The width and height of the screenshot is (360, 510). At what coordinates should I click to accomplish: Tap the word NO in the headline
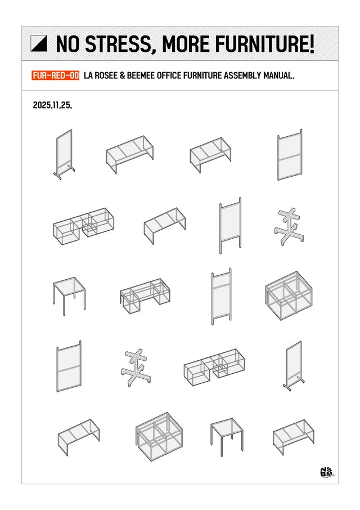[x=67, y=44]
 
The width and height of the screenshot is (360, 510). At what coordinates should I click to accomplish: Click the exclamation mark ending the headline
[x=311, y=44]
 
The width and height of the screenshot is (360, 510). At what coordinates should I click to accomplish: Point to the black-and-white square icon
[x=39, y=43]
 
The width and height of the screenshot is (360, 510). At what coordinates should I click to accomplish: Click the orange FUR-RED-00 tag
[x=56, y=75]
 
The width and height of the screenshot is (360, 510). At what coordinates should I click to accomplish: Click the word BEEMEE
[x=141, y=75]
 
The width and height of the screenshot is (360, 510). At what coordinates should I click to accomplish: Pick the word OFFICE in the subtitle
[x=169, y=75]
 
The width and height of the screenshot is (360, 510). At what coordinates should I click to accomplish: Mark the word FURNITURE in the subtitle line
[x=202, y=75]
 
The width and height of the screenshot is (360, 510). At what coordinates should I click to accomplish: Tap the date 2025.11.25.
[x=53, y=105]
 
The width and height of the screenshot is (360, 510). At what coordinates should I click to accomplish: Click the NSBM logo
[x=326, y=472]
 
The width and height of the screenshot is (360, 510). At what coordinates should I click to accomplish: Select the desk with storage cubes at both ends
[x=145, y=296]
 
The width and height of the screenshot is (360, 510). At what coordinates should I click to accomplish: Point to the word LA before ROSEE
[x=88, y=75]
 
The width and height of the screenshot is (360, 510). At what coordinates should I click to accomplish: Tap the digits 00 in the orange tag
[x=75, y=75]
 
